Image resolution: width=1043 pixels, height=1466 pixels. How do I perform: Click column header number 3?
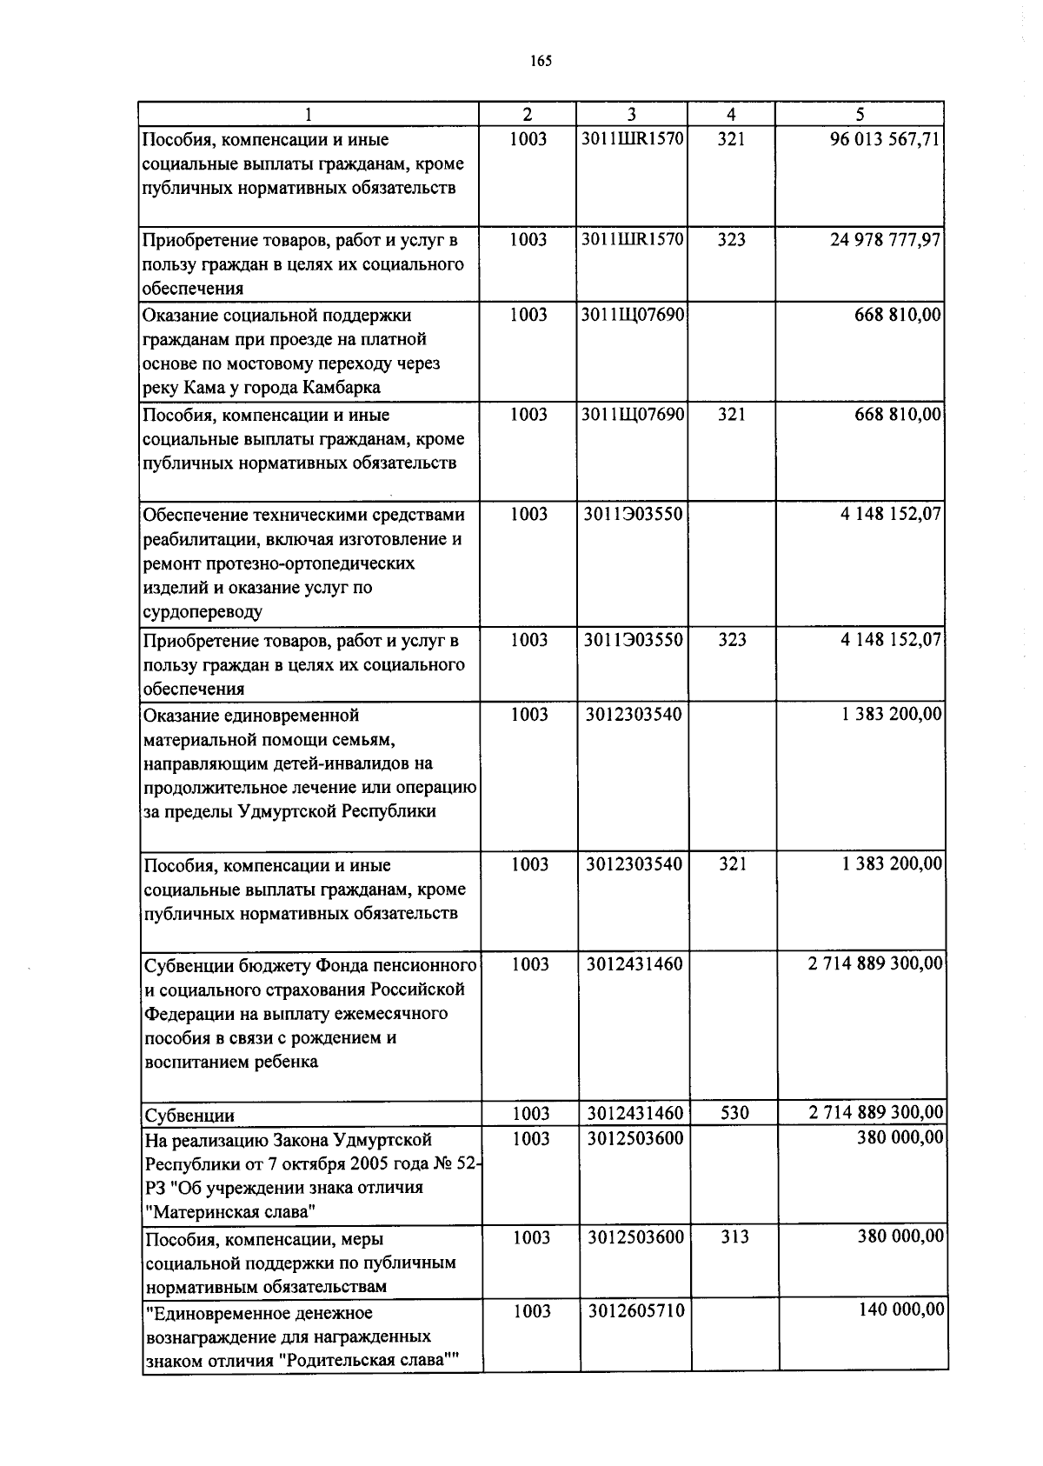[632, 115]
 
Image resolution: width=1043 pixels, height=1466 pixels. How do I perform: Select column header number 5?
[860, 115]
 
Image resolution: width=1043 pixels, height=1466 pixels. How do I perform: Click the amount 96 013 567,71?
[885, 140]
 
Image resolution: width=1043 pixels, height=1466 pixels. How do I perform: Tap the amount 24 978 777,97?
[885, 239]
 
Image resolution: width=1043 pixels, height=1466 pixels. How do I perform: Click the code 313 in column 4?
[734, 1237]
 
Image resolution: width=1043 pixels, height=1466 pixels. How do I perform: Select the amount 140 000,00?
[899, 1310]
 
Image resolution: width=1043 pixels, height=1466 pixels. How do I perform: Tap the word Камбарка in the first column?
[341, 388]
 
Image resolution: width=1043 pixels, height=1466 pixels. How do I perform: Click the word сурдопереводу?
[203, 612]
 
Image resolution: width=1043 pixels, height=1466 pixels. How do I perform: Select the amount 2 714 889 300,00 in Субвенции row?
[875, 1113]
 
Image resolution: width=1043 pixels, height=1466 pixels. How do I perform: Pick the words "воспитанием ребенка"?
[231, 1062]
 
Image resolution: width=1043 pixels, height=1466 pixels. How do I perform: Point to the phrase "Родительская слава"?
[363, 1361]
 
